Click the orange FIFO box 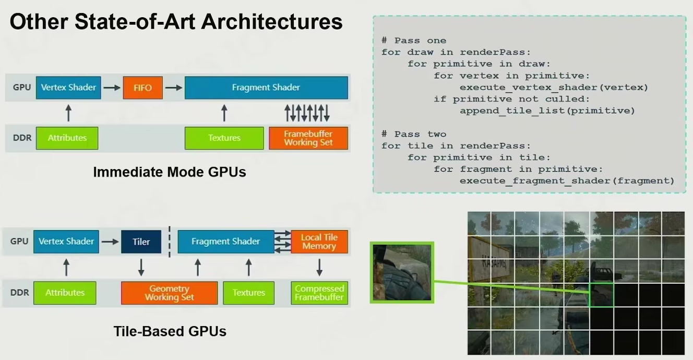[x=143, y=88]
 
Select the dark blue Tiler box [x=141, y=242]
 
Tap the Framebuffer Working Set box [x=308, y=138]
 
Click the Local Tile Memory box [x=319, y=242]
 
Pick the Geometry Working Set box [x=169, y=293]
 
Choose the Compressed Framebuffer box [x=319, y=293]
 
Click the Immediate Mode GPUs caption [x=169, y=172]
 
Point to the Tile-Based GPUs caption [x=170, y=331]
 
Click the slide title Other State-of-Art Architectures [x=176, y=22]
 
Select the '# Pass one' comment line [x=413, y=40]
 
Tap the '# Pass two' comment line [x=413, y=134]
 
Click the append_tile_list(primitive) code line [x=547, y=111]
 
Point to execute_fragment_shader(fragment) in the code [x=567, y=181]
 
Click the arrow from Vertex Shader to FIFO [x=112, y=88]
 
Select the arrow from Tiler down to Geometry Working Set [x=141, y=267]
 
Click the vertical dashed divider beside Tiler [x=170, y=242]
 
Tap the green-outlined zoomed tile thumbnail [x=402, y=272]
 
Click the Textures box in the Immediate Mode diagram [x=224, y=138]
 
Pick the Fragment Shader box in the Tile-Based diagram [x=225, y=242]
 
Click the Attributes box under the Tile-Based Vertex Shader [x=65, y=293]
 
